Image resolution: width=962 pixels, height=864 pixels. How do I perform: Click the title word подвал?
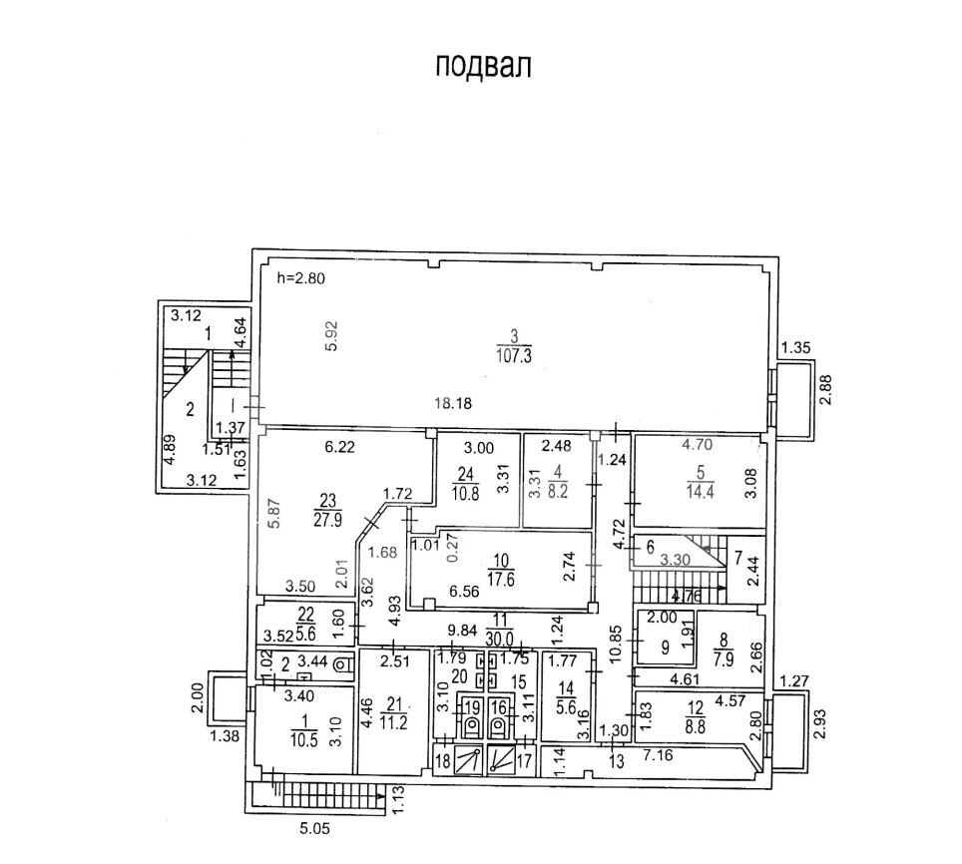pos(483,66)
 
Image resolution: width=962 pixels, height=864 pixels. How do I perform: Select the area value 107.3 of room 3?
pos(514,356)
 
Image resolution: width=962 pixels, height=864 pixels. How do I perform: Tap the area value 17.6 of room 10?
pos(500,574)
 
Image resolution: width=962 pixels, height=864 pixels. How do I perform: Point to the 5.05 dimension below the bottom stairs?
pos(316,827)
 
